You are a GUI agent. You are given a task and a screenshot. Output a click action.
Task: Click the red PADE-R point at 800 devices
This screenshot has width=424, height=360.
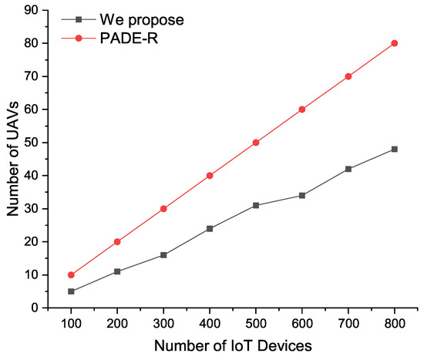pos(395,43)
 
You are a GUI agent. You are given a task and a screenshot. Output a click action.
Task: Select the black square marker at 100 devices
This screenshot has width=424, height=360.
pos(71,291)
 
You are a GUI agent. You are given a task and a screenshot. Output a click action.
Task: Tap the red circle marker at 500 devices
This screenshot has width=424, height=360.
pos(256,143)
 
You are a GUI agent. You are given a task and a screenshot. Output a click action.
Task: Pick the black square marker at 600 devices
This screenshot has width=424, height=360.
pos(302,195)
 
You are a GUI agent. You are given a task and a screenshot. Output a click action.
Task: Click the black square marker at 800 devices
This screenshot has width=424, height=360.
pos(395,149)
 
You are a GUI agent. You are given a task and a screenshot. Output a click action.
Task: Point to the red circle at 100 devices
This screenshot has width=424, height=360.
pos(71,274)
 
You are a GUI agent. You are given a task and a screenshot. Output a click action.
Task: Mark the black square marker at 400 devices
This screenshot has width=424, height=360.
pos(210,228)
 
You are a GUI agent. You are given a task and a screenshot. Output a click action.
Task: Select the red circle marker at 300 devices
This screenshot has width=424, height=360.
pos(163,208)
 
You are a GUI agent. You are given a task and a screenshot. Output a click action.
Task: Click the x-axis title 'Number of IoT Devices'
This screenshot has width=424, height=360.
pos(233,345)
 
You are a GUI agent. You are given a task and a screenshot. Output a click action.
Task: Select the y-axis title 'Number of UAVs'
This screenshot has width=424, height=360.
pos(11,159)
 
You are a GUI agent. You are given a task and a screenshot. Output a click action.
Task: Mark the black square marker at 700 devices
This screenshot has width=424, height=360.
pos(348,169)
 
